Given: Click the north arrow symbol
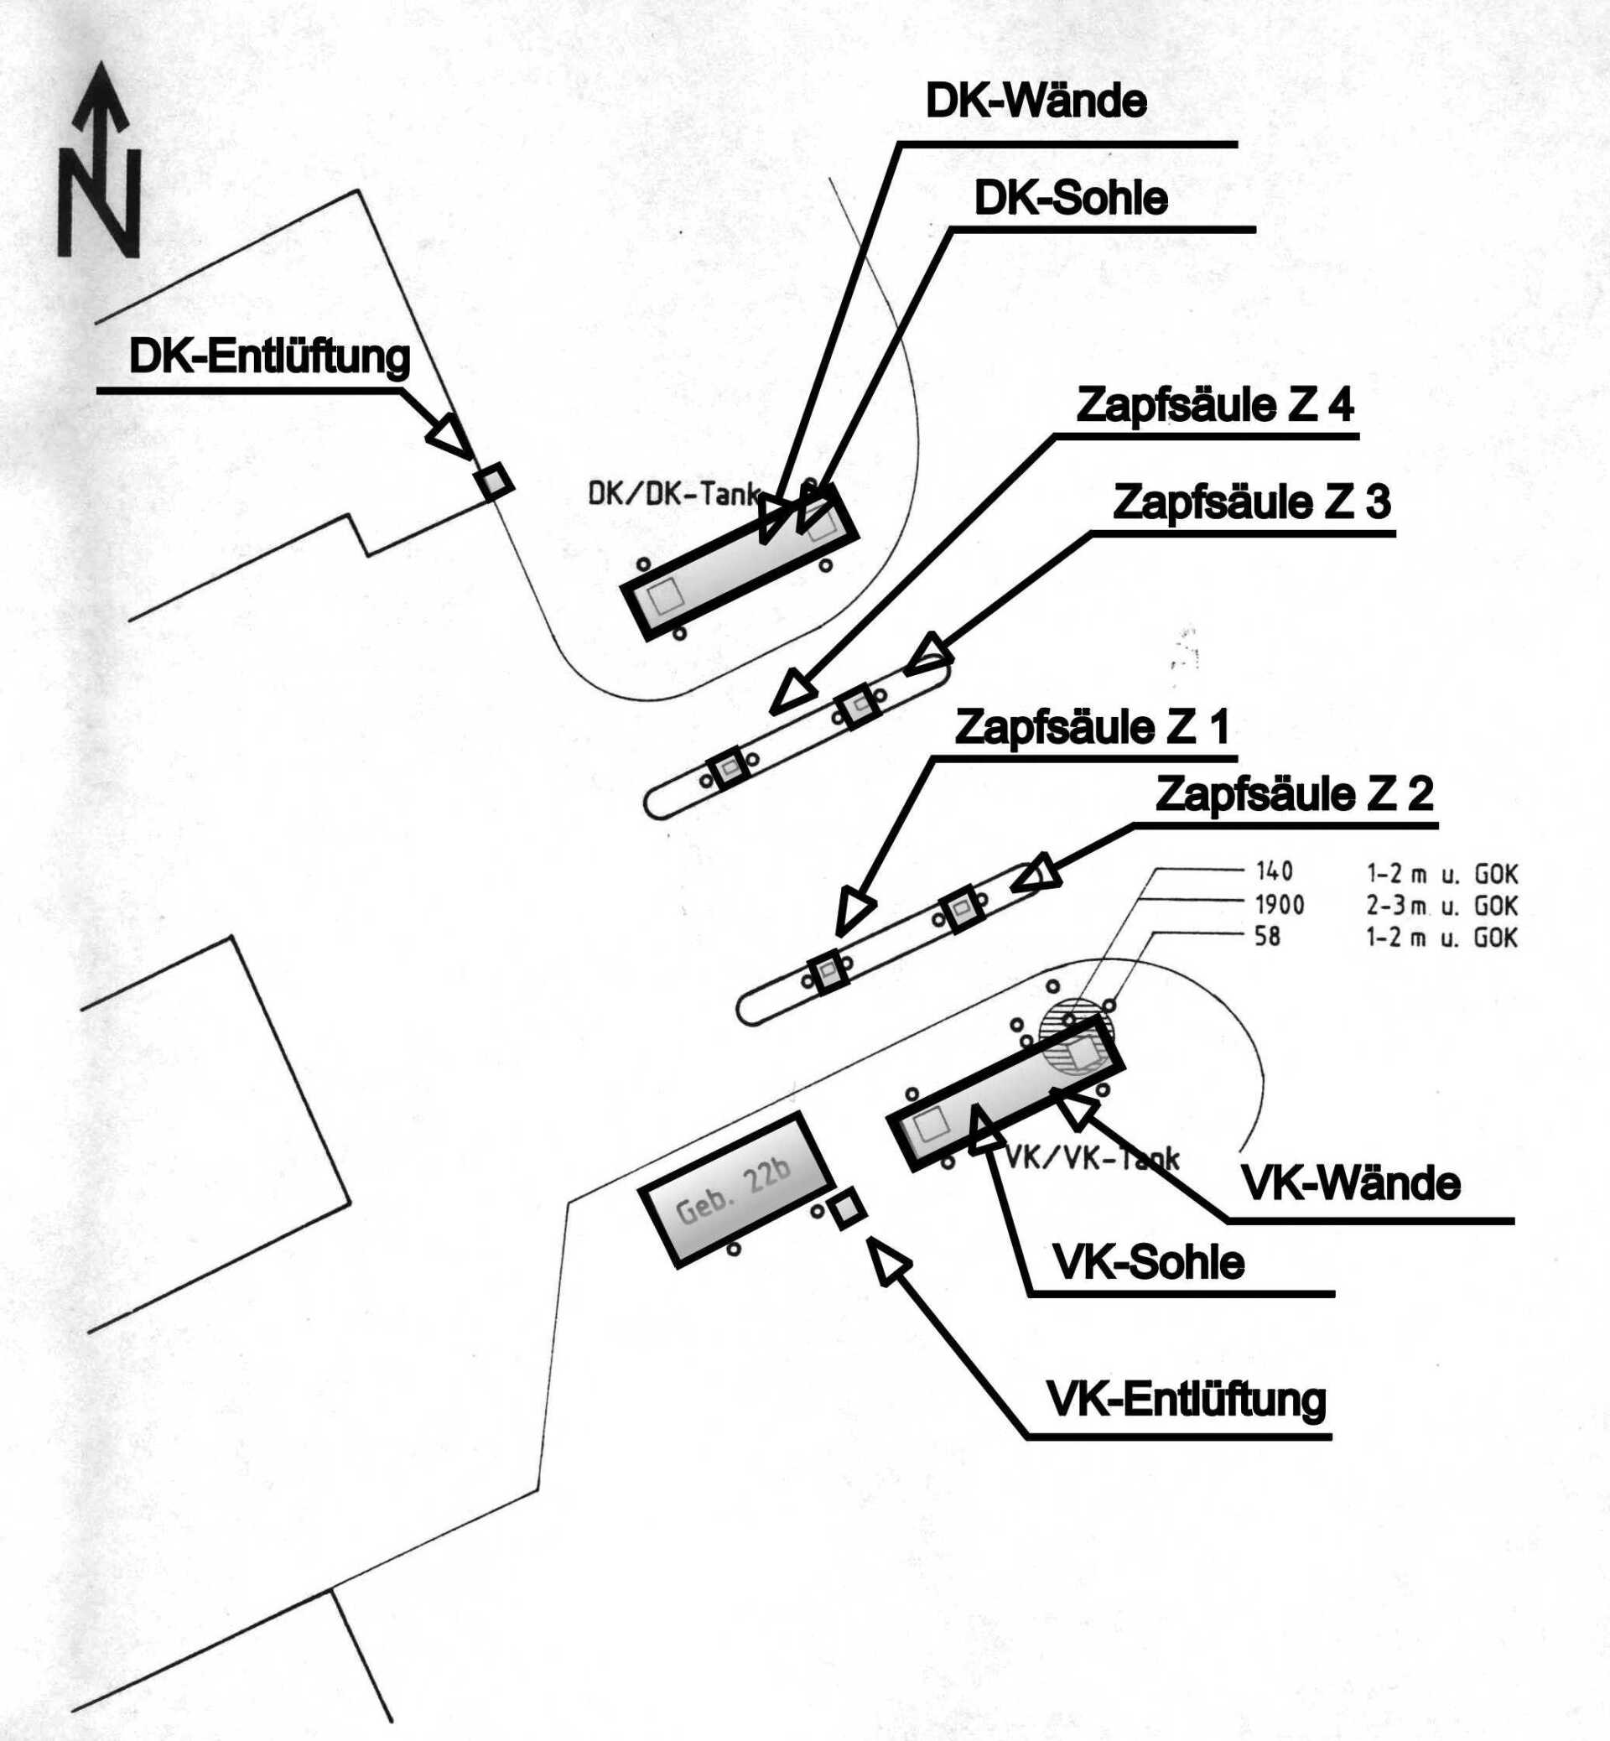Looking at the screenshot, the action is tap(98, 160).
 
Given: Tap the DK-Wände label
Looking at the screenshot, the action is tap(1036, 102).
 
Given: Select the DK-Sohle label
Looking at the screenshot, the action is tap(1071, 199).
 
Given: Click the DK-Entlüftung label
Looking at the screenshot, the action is tap(269, 358).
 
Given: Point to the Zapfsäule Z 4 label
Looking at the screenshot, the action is tap(1215, 406).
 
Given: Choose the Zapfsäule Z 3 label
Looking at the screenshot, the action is tap(1252, 503).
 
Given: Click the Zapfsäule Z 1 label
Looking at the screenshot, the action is tap(1092, 727).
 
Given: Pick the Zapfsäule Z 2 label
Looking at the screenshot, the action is tap(1294, 794).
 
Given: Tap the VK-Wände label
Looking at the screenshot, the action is tap(1350, 1183).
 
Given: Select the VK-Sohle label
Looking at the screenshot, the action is tap(1148, 1262).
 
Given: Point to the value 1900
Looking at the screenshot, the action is tap(1280, 906).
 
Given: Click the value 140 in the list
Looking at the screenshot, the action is tap(1275, 871).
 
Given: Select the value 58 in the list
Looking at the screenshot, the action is tap(1268, 938).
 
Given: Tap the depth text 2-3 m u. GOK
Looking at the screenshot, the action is tap(1441, 907).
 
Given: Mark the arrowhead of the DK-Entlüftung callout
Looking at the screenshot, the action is tap(448, 434).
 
